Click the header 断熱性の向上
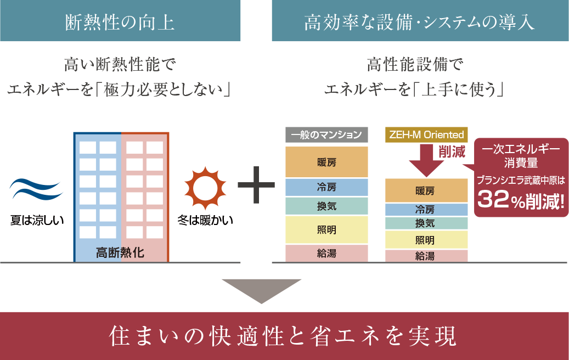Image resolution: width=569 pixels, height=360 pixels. pyautogui.click(x=120, y=23)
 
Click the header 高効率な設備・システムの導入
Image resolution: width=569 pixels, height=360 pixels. pyautogui.click(x=419, y=23)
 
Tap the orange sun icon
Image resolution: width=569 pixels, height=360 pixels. pyautogui.click(x=205, y=188)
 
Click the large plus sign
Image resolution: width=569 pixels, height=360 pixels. pyautogui.click(x=256, y=186)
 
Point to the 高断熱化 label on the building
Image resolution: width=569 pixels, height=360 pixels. pyautogui.click(x=120, y=253)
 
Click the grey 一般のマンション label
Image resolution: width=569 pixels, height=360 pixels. pyautogui.click(x=326, y=134)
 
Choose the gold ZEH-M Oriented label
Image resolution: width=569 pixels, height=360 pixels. pyautogui.click(x=426, y=134)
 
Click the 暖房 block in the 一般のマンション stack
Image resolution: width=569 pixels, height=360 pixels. pyautogui.click(x=326, y=162)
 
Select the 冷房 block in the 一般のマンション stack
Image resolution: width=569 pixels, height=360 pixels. pyautogui.click(x=326, y=187)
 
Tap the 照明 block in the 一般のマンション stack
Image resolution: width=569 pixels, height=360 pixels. pyautogui.click(x=326, y=229)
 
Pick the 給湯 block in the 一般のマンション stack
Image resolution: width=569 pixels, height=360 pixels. pyautogui.click(x=326, y=253)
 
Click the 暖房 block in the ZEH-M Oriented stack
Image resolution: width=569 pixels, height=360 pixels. pyautogui.click(x=426, y=191)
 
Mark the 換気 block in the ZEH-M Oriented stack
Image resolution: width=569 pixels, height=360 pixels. pyautogui.click(x=426, y=223)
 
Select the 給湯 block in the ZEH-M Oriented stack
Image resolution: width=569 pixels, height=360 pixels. pyautogui.click(x=426, y=256)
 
